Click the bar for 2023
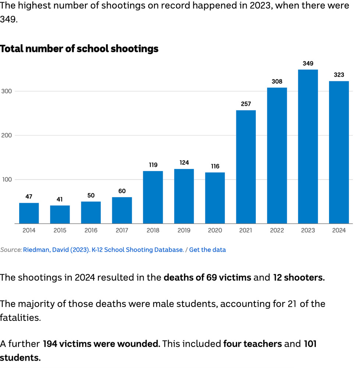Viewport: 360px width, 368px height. [x=308, y=146]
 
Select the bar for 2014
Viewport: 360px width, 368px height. [x=29, y=213]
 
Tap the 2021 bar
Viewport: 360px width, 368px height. [x=246, y=167]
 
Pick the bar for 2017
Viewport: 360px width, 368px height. [x=122, y=210]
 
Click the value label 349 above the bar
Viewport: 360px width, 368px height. [x=308, y=63]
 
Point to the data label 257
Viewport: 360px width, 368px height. [x=246, y=104]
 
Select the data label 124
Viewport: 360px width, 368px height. [x=184, y=163]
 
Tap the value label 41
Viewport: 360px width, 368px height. [x=60, y=199]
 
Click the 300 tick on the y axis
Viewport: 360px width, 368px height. [x=7, y=91]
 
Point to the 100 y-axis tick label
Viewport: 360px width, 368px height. [x=7, y=180]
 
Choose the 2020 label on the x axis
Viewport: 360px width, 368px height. [x=215, y=230]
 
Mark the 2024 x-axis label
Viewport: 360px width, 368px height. [x=339, y=230]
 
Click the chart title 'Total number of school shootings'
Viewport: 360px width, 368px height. [x=79, y=49]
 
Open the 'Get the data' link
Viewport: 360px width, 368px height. [x=208, y=250]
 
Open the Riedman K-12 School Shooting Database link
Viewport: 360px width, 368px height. [x=103, y=250]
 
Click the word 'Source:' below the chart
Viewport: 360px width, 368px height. [x=11, y=250]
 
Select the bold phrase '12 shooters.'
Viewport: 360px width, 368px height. [x=299, y=277]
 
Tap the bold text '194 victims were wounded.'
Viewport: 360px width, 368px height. [x=102, y=344]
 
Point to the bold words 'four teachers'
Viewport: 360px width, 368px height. [x=253, y=344]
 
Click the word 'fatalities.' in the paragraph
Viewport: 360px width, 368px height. [x=20, y=318]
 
